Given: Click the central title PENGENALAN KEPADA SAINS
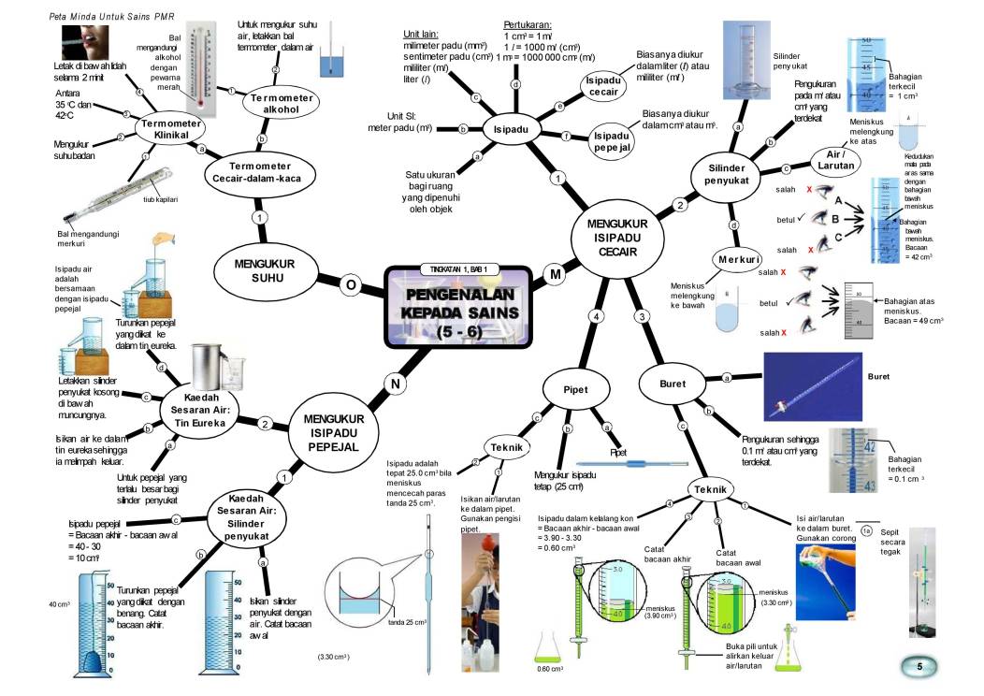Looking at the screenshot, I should pos(458,310).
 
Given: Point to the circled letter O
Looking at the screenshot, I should pos(351,283).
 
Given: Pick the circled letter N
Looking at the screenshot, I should pos(396,382).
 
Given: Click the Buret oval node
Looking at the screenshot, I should pos(672,384).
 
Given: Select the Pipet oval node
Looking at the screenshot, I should pos(574,387).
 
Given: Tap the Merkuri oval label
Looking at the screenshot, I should pos(737,258).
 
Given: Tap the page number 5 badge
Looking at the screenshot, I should pos(919,666).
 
